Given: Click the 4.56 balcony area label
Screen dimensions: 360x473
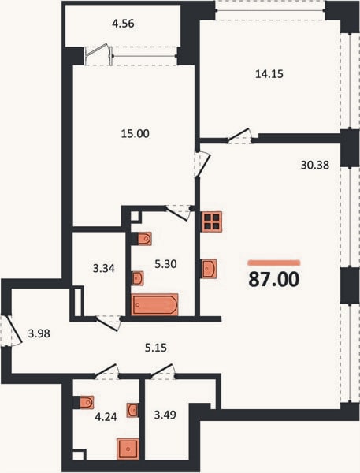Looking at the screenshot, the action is (123, 24).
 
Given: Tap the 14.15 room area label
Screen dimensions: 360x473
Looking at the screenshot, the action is (269, 74).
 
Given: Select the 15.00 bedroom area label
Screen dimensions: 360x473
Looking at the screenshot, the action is (135, 134).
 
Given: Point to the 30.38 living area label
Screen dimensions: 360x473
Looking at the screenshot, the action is (315, 165).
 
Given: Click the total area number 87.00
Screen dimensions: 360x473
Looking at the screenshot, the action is (274, 279).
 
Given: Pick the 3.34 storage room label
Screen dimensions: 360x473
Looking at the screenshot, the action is (104, 268).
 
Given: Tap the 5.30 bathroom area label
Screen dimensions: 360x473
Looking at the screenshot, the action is (165, 264).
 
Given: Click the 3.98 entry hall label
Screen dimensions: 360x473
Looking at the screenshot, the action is (39, 333).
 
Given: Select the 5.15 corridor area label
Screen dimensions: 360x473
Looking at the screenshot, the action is (155, 348).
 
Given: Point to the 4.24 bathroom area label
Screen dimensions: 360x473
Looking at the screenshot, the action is (106, 417).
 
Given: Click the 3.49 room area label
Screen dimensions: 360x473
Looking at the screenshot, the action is (165, 415).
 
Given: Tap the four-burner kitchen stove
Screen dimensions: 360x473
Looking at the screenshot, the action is (212, 222).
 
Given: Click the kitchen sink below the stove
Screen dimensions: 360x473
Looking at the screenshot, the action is (210, 269).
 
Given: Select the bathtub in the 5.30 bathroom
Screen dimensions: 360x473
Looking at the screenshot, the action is (155, 304).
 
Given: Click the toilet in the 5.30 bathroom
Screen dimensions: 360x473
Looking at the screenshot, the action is (144, 239).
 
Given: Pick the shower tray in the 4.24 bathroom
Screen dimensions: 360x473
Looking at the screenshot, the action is (128, 449).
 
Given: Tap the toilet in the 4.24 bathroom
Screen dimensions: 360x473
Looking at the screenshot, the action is (87, 402).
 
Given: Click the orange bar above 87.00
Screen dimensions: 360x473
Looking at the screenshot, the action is (274, 263).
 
